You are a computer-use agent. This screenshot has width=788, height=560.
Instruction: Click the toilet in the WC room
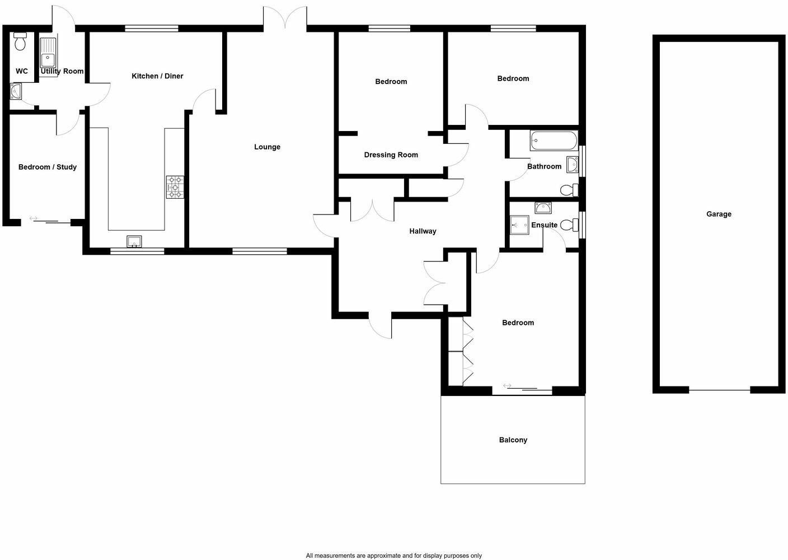(x=21, y=41)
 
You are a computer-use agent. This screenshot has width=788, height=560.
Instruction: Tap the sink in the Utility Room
(x=48, y=53)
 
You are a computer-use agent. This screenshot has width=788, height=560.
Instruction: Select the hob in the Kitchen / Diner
(x=175, y=187)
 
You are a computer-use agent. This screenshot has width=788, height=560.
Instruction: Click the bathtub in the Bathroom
(x=554, y=140)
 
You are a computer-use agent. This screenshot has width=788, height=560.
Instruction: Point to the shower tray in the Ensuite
(x=519, y=225)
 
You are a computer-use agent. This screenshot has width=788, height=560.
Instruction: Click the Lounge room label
(x=267, y=147)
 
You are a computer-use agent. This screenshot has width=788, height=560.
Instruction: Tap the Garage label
(x=719, y=214)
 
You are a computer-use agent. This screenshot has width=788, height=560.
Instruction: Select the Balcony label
(x=513, y=440)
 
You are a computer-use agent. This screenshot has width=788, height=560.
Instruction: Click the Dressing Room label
(x=391, y=155)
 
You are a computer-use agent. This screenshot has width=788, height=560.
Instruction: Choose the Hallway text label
(x=423, y=231)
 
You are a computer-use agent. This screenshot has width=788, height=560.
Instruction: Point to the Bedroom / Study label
(x=48, y=167)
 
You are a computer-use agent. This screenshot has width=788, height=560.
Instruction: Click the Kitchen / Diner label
(x=157, y=76)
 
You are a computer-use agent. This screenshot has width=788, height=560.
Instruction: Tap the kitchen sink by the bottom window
(x=134, y=241)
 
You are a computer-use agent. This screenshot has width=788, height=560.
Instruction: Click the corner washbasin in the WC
(x=15, y=90)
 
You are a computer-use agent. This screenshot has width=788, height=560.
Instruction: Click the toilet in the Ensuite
(x=569, y=225)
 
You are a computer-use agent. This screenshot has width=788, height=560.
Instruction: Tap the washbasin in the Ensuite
(x=543, y=208)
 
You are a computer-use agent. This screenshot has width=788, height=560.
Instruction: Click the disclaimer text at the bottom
(x=393, y=556)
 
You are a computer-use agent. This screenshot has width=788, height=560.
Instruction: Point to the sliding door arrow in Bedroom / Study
(x=34, y=218)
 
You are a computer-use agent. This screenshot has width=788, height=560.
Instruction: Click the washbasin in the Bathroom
(x=572, y=165)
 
